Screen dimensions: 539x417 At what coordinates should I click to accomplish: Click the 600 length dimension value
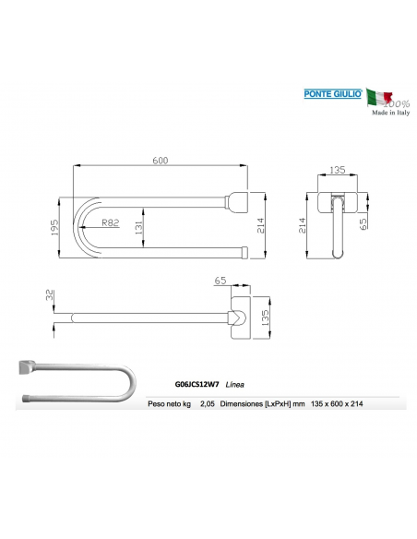coord(160,162)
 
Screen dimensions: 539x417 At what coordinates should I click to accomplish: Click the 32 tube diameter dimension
coord(49,295)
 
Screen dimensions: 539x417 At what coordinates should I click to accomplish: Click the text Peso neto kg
coord(168,404)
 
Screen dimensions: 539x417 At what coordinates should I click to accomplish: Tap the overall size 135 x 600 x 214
coord(341,404)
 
